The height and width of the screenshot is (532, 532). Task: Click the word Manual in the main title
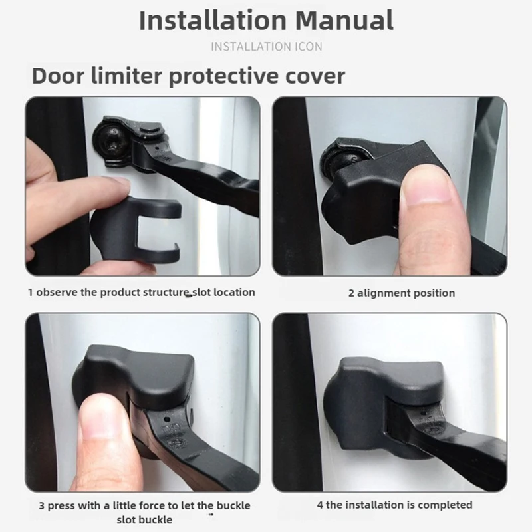pos(344,21)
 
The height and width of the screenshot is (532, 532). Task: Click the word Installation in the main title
pos(213,21)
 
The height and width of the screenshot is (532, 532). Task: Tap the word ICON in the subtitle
pos(308,47)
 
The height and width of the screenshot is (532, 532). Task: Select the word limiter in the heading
pos(126,76)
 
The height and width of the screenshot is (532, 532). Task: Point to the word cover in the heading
pos(315,77)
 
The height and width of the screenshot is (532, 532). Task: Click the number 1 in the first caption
pos(30,292)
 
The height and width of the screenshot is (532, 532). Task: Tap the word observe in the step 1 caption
pos(57,292)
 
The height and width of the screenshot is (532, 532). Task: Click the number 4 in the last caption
pos(320,505)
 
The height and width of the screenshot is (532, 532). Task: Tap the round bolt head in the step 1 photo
pos(109,140)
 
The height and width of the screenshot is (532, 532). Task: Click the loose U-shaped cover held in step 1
pos(136,230)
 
